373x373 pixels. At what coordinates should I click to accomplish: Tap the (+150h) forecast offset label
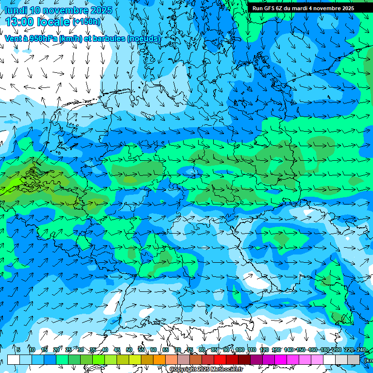click(x=86, y=21)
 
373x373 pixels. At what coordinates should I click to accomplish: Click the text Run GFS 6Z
click(x=267, y=8)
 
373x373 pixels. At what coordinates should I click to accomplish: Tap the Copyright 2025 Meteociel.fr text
click(x=206, y=370)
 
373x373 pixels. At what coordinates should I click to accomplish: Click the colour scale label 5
click(x=18, y=350)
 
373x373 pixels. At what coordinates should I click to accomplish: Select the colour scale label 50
click(x=129, y=350)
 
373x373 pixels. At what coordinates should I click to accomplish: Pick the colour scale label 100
click(x=240, y=350)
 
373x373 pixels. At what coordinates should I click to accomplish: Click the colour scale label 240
click(x=361, y=350)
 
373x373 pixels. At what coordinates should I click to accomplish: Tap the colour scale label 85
click(x=214, y=350)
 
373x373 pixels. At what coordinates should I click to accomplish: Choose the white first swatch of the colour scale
click(x=14, y=359)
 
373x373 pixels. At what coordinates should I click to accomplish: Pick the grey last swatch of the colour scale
click(x=354, y=359)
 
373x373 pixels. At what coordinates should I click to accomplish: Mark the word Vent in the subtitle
click(x=13, y=38)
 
